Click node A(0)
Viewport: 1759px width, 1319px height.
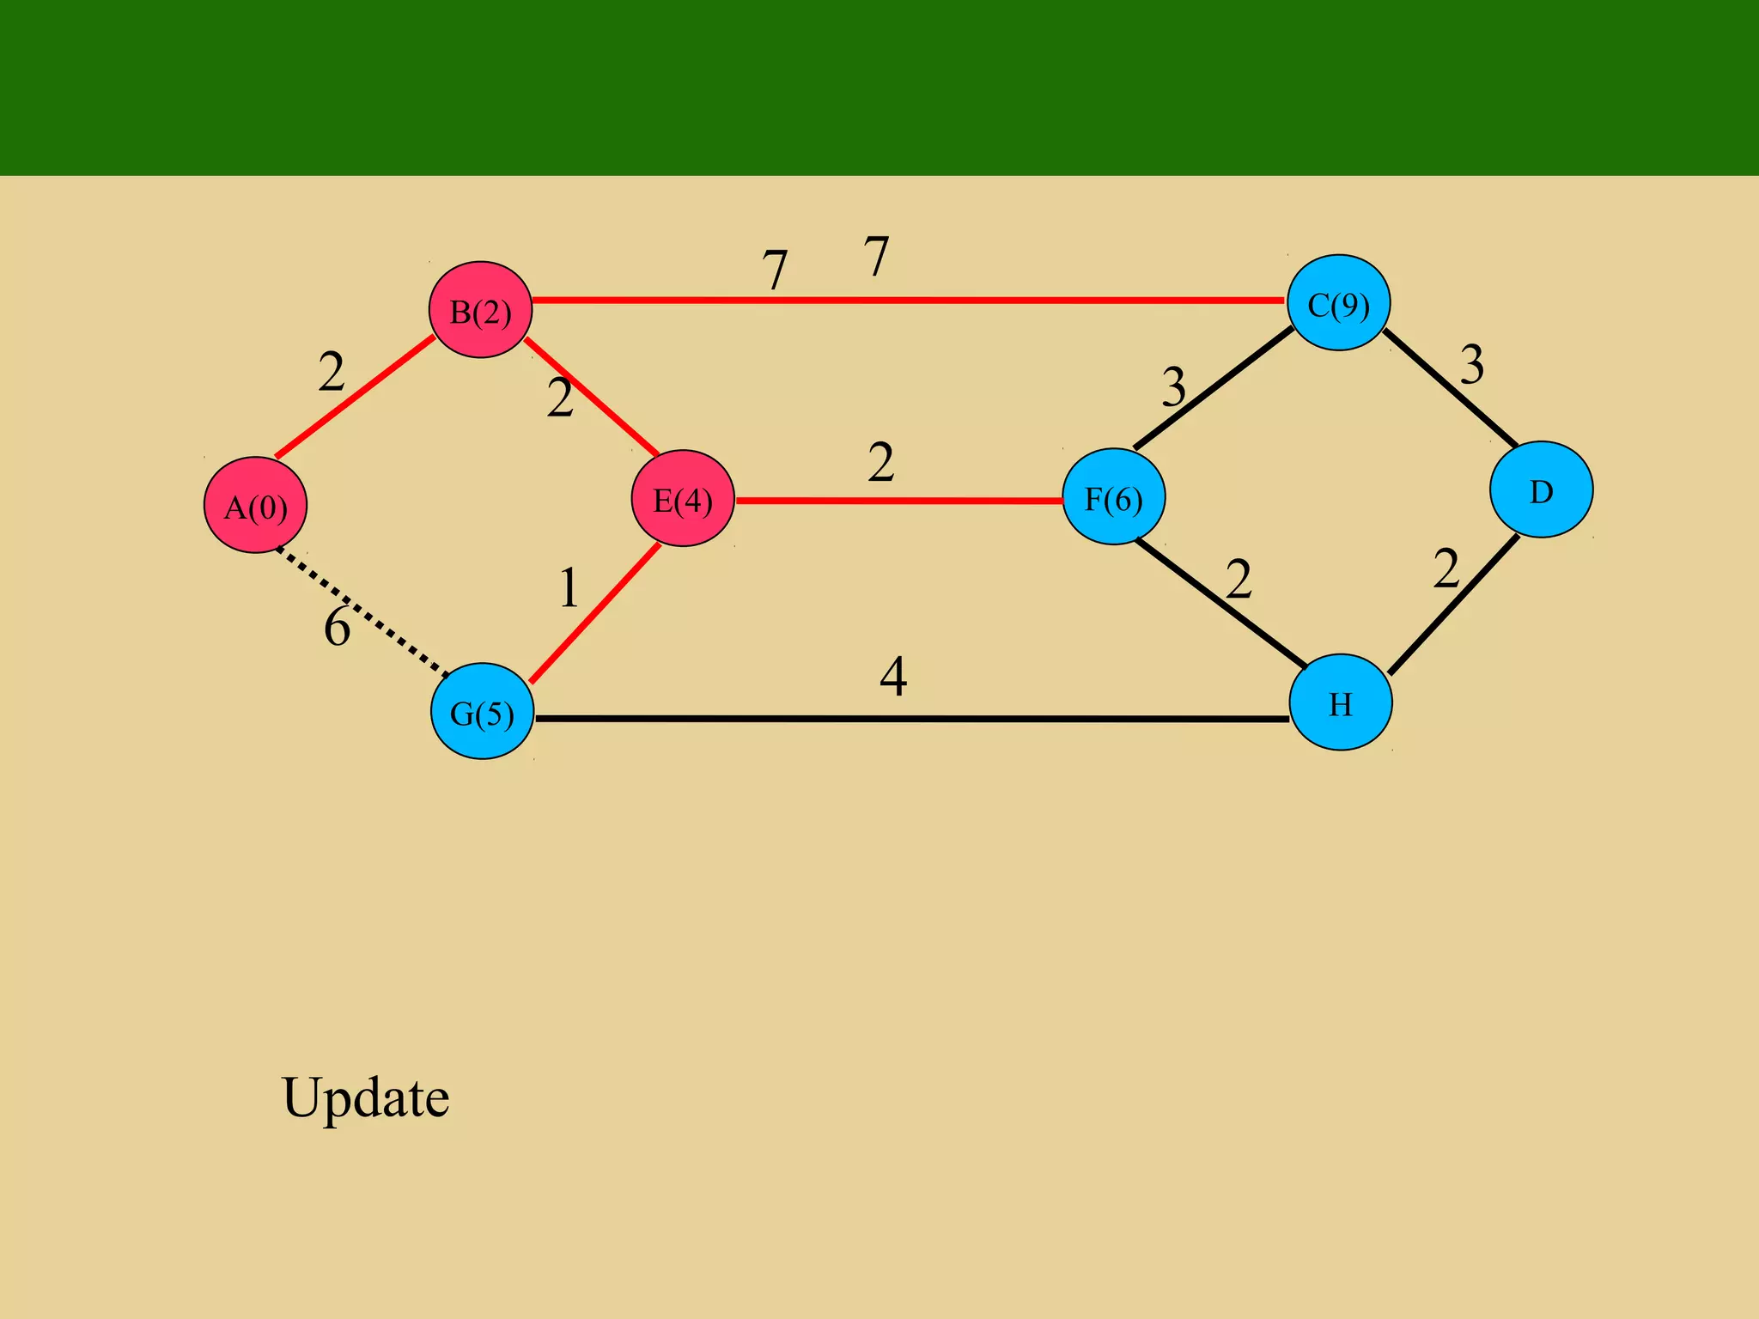(255, 505)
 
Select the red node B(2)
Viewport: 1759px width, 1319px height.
(480, 310)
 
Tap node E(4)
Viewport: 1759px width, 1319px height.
(683, 498)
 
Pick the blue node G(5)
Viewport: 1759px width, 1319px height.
(482, 711)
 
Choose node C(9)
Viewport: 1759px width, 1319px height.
(1338, 302)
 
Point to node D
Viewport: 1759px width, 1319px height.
(1541, 489)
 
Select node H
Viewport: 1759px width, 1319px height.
(1341, 702)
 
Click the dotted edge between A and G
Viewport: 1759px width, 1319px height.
(361, 611)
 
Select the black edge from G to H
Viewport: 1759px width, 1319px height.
(910, 719)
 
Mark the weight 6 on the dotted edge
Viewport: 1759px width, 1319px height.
(337, 627)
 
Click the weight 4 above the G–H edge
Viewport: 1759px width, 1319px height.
(893, 677)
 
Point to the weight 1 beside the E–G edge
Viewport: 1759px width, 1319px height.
(569, 589)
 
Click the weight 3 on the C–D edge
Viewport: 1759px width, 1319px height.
(1472, 365)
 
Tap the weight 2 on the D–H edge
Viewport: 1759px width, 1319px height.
(1446, 569)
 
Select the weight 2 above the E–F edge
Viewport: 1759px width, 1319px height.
(881, 463)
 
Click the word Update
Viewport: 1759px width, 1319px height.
(365, 1097)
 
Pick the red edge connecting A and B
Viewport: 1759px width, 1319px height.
(354, 397)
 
